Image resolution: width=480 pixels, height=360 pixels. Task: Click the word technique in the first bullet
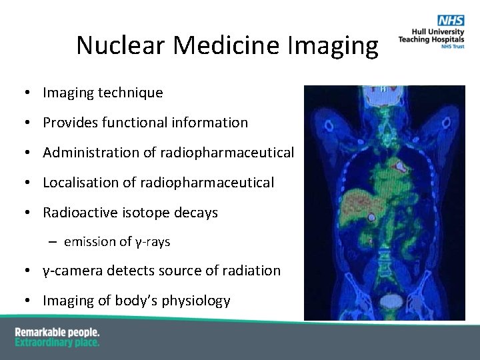130,93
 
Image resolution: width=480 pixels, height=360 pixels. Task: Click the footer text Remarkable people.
57,332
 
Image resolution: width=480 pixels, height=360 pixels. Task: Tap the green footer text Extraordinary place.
57,342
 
